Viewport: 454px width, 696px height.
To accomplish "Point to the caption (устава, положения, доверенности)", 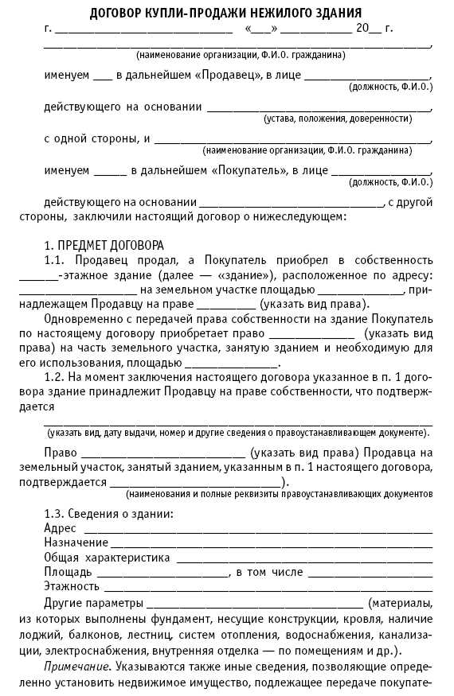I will tap(348, 118).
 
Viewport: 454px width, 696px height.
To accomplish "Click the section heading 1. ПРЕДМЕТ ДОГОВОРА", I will tap(104, 244).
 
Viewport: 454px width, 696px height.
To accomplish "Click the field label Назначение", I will tap(76, 542).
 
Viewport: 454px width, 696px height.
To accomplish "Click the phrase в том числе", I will tap(268, 572).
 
